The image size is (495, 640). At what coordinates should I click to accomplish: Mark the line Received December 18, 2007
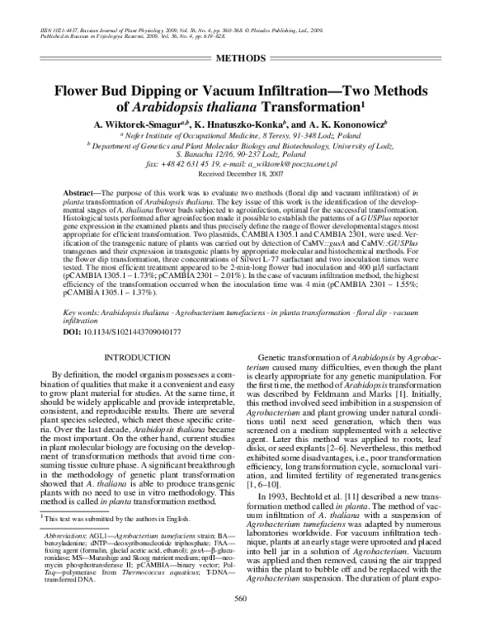tap(247, 175)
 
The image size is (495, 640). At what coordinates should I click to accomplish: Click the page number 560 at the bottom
tap(247, 622)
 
